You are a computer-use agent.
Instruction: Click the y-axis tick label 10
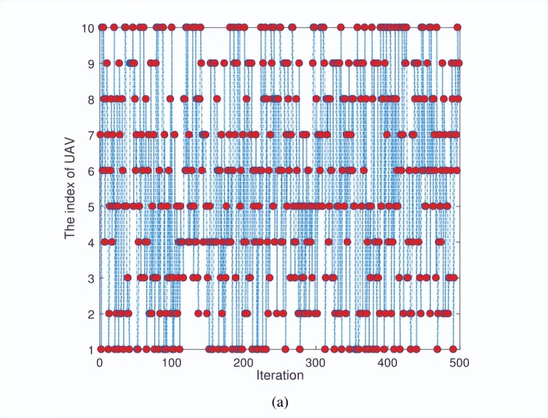coord(88,28)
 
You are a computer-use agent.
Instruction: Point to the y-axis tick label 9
coord(91,63)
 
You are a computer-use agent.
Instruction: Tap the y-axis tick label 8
coord(91,99)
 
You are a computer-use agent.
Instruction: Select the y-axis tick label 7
coord(91,135)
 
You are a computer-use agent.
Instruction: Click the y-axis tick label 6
coord(91,170)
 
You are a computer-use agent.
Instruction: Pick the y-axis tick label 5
coord(91,206)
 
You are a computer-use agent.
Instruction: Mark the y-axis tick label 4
coord(91,242)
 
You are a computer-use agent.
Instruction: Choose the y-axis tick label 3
coord(91,278)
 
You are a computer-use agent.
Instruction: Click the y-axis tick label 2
coord(91,314)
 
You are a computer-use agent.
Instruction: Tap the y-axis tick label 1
coord(91,349)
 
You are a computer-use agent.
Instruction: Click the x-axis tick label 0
coord(100,362)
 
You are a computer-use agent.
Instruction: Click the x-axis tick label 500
coord(459,362)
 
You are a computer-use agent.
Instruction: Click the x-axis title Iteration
coord(280,375)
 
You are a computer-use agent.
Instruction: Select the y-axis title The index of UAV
coord(71,188)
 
